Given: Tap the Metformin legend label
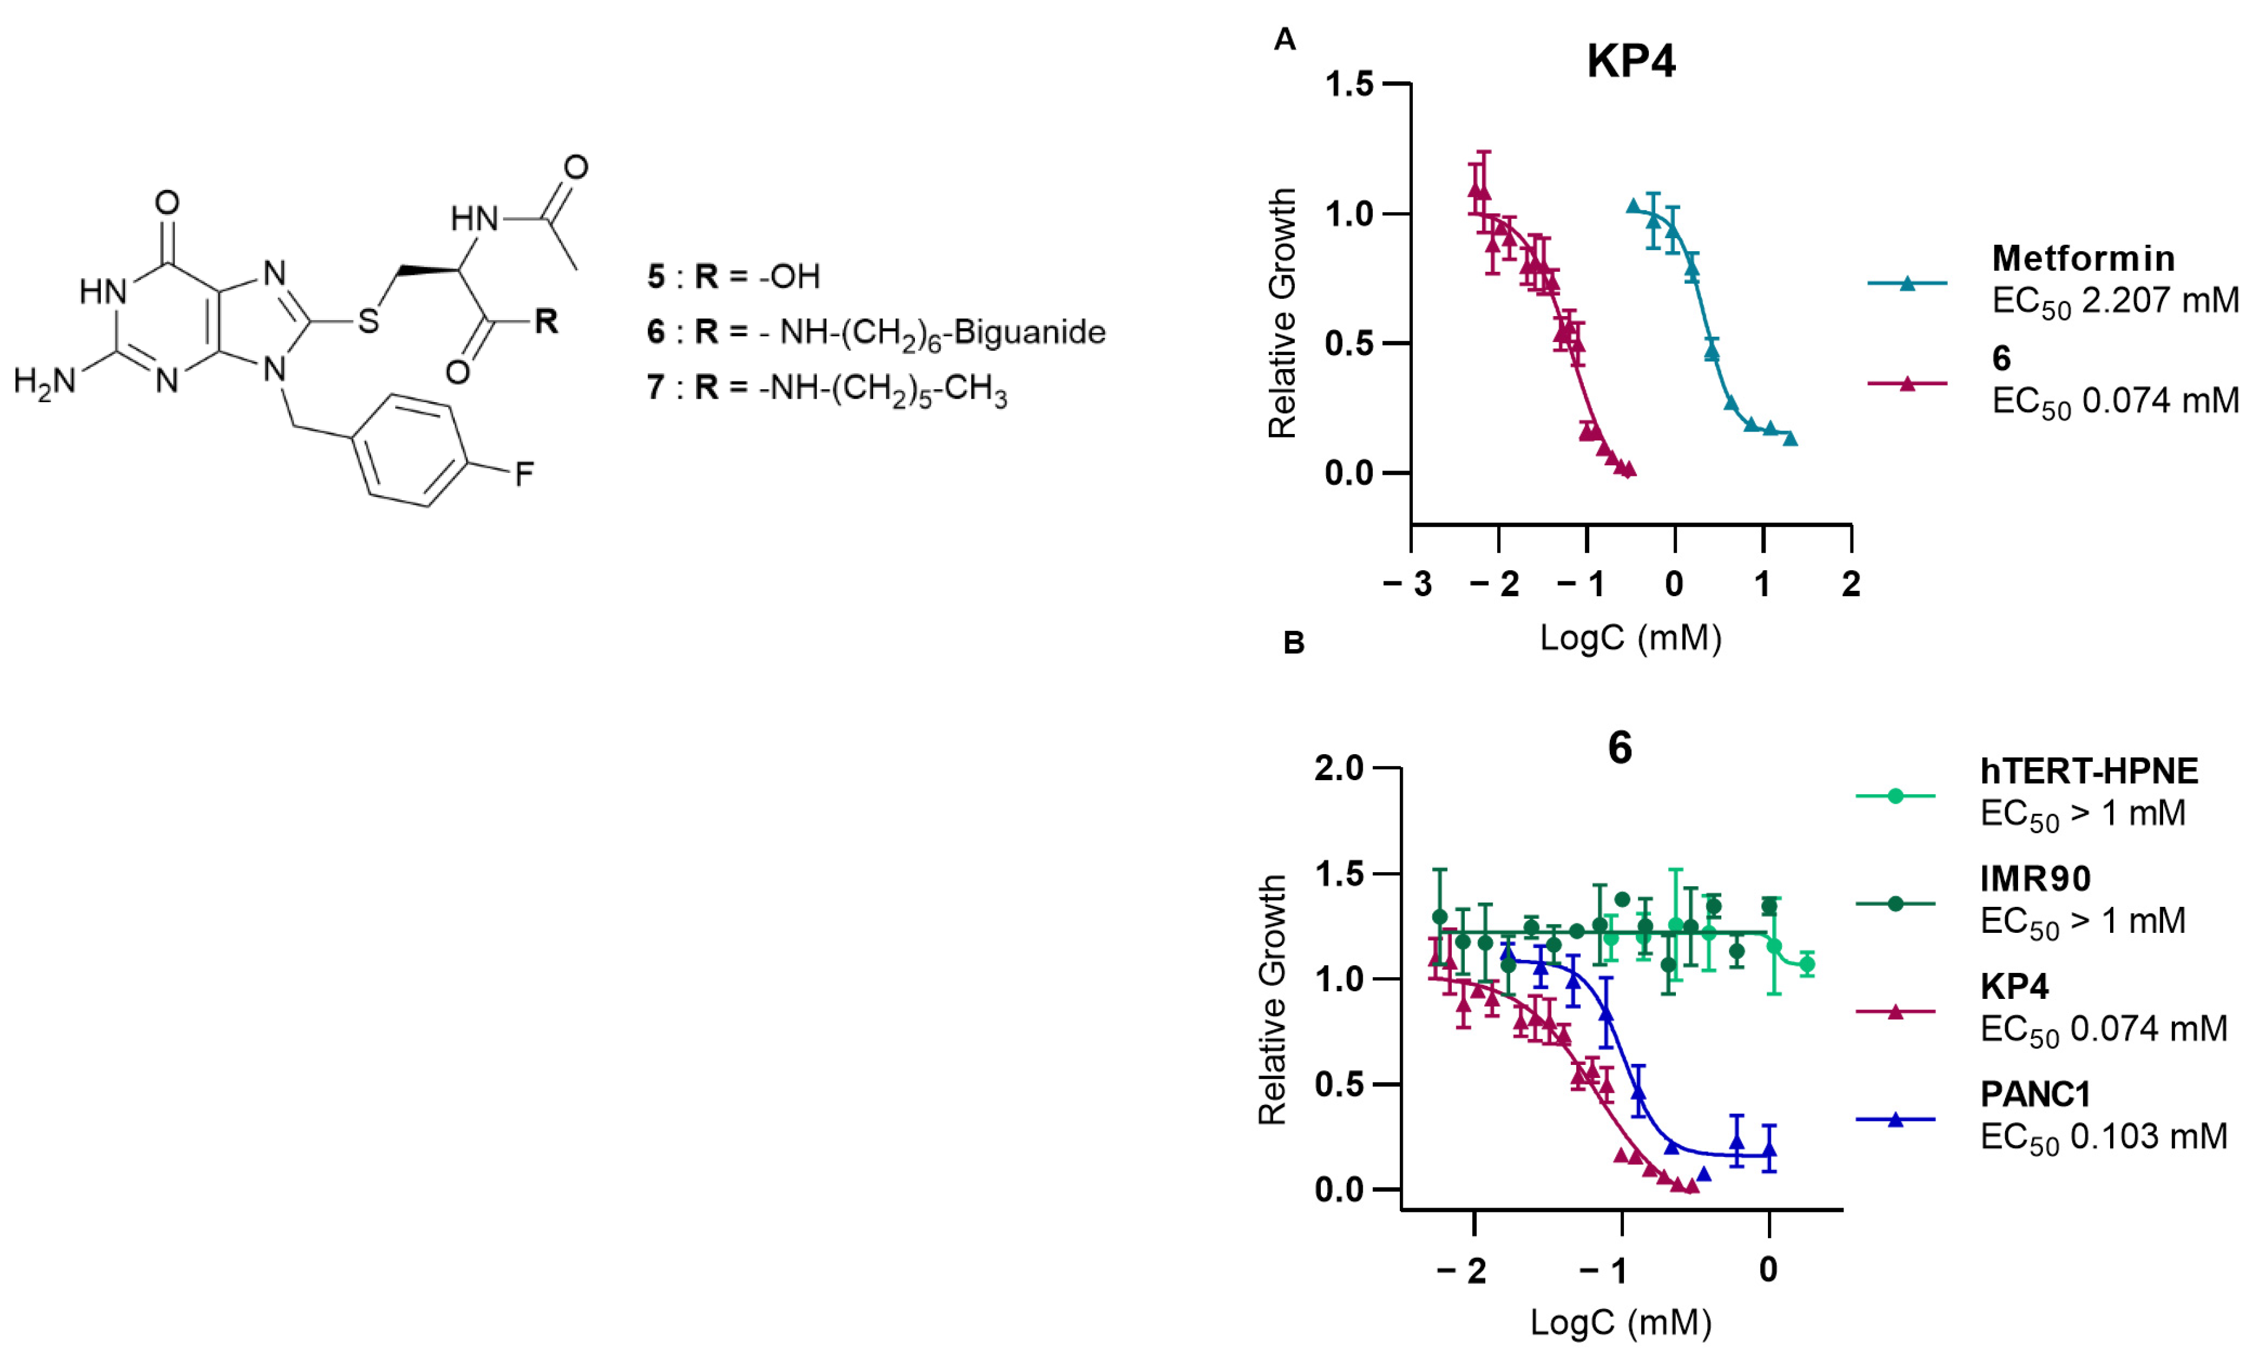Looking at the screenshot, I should [2083, 259].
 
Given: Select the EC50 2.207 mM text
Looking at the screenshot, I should [2114, 301].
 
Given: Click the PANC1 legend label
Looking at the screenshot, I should [2035, 1094].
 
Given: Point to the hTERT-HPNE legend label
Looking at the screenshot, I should [2088, 771].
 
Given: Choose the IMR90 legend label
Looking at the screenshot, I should [2035, 879].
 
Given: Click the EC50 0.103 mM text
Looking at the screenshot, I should [2103, 1137].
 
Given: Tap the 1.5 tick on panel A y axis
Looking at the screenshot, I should [1349, 84].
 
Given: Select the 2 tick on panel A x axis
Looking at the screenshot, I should [1851, 583].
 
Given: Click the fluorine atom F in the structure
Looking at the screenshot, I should [524, 474].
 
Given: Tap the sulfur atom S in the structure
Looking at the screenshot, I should [368, 321].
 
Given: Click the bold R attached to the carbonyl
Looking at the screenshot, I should [546, 321].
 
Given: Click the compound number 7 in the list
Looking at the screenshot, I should [655, 388].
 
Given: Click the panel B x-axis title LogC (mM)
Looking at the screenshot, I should [1620, 1323].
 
